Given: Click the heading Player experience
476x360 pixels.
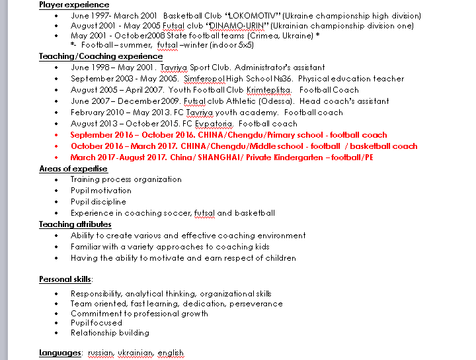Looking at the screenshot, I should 74,5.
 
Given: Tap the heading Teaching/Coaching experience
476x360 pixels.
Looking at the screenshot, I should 100,56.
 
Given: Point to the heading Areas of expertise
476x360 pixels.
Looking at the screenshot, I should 73,169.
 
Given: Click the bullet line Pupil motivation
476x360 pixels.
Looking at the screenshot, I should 101,191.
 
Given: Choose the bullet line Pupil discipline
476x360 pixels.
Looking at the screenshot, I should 99,202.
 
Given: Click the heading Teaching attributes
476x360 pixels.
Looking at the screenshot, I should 75,224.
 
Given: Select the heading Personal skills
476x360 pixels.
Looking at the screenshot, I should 65,279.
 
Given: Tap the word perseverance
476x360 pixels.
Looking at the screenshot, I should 256,304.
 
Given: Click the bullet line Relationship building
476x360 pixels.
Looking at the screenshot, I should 110,333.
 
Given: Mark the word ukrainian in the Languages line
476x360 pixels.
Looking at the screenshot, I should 136,353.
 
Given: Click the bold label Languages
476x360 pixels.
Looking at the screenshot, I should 59,353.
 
